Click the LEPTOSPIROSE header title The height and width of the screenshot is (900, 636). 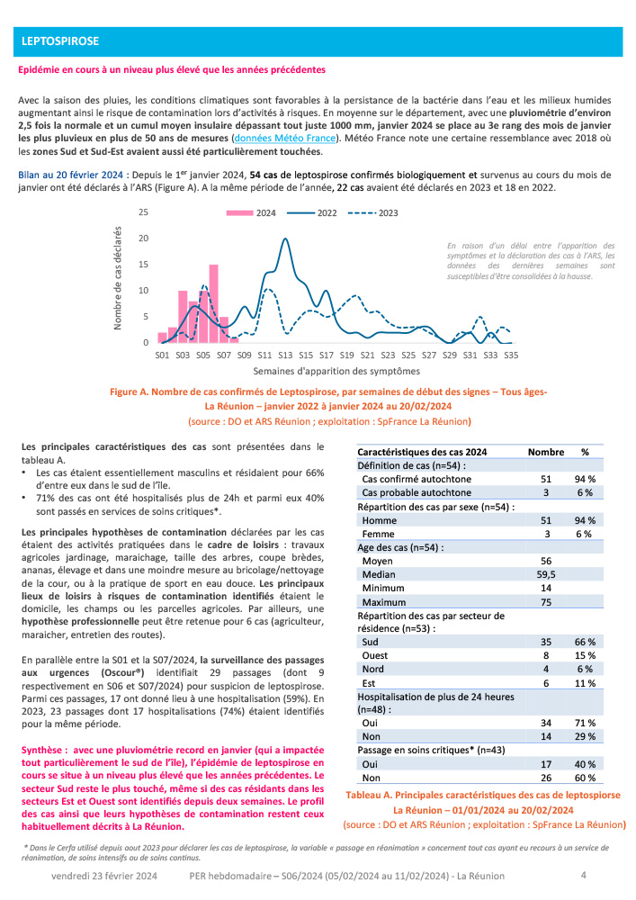59,41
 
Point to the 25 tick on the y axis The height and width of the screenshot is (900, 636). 142,212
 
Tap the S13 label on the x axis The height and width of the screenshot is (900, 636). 285,355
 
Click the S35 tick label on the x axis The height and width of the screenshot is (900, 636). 511,355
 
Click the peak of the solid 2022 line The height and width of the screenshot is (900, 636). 285,238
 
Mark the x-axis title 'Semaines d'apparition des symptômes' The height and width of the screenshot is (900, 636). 336,371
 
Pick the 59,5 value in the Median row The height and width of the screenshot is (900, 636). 545,574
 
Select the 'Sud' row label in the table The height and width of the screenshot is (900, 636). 370,643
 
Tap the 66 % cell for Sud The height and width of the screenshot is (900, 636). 586,643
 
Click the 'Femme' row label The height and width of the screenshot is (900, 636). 376,533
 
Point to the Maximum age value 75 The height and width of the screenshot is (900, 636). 545,602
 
